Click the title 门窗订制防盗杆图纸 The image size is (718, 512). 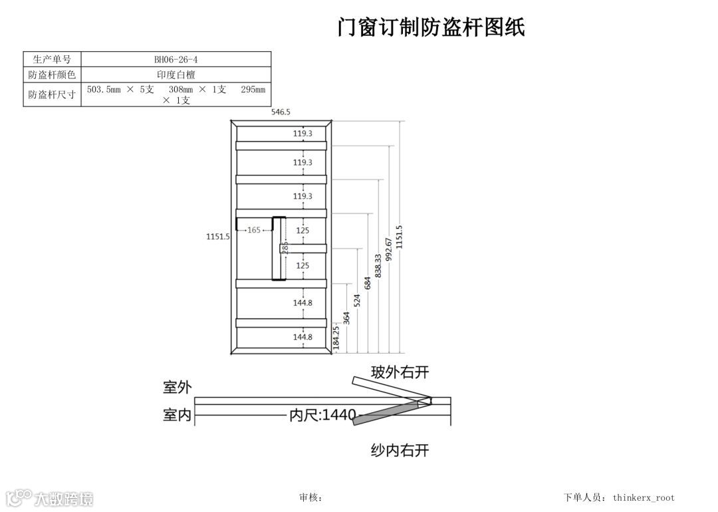tap(431, 27)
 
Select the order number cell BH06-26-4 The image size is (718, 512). tap(176, 59)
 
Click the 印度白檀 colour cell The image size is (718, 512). tap(176, 74)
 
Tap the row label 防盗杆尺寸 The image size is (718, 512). tap(52, 94)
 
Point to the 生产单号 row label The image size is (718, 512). tap(52, 59)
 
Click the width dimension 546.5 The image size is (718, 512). tap(281, 112)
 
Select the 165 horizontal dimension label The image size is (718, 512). tap(254, 230)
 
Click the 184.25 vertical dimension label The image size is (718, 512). tap(336, 337)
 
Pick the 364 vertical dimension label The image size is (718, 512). tap(346, 318)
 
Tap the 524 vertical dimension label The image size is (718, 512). tap(357, 299)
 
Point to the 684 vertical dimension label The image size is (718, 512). tap(368, 283)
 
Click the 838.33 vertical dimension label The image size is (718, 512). tap(378, 265)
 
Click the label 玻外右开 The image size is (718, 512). tap(400, 372)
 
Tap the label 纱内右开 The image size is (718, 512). tap(400, 451)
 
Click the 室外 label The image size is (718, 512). tap(177, 387)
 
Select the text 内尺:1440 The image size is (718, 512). tap(322, 416)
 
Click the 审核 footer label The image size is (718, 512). tap(310, 497)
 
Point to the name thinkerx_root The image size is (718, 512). tap(644, 497)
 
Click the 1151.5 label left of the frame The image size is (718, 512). tap(218, 236)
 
